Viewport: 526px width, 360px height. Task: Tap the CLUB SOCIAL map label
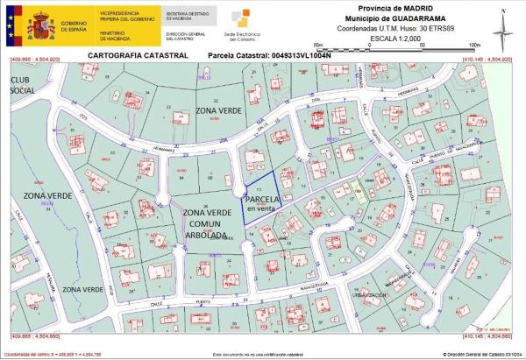[25, 85]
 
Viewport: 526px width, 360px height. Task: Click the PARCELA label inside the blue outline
[262, 200]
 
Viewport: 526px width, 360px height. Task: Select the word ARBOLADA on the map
[206, 235]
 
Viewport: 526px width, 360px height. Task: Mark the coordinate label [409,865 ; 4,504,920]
[35, 59]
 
